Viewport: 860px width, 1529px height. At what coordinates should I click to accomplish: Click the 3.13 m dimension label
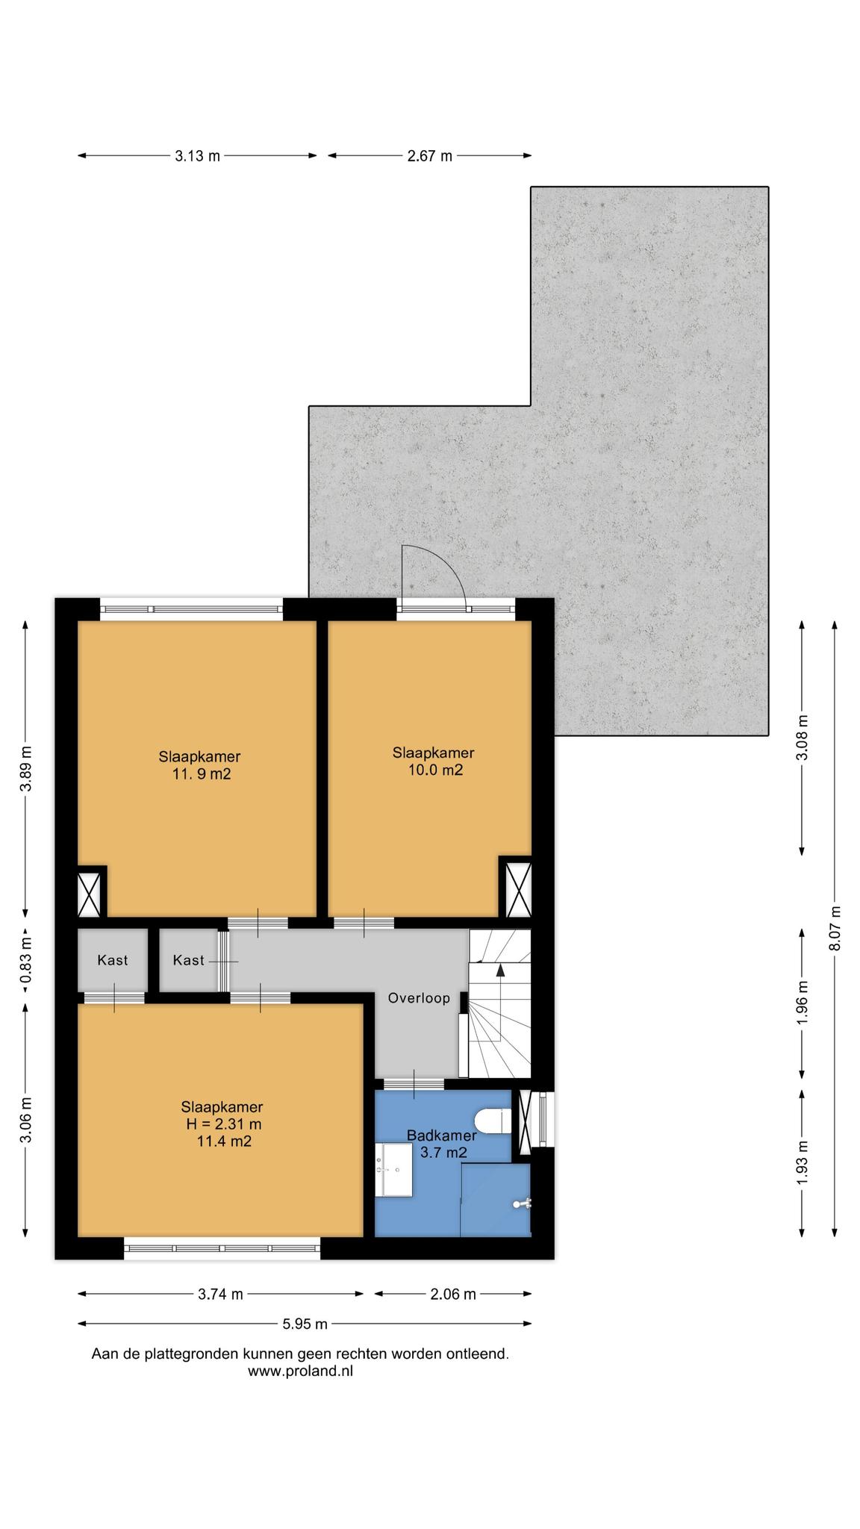198,156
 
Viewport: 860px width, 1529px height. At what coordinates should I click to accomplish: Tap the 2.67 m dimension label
429,156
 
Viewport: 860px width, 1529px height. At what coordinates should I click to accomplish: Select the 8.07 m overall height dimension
835,928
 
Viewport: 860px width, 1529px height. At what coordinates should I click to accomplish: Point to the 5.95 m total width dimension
305,1324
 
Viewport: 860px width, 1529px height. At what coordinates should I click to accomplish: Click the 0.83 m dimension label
26,960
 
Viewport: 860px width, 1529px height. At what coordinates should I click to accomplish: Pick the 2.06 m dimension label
452,1295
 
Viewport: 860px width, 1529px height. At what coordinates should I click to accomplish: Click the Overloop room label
419,998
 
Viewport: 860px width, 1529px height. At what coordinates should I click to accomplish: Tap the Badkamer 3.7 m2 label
442,1144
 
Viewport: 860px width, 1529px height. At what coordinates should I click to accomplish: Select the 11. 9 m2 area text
202,774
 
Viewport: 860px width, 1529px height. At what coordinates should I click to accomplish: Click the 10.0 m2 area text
435,770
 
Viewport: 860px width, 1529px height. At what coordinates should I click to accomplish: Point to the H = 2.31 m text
224,1124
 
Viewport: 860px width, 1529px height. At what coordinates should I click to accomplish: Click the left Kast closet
112,960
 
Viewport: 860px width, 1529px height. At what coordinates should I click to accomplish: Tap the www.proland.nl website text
300,1371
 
